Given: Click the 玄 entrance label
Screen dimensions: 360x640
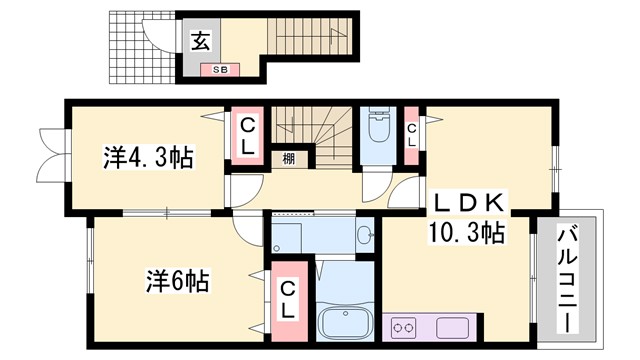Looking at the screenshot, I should pyautogui.click(x=200, y=42).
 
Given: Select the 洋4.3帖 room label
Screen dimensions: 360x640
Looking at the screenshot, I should pyautogui.click(x=149, y=157).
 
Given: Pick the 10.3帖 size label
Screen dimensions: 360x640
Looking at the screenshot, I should pyautogui.click(x=467, y=233).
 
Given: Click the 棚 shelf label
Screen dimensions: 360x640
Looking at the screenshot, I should pyautogui.click(x=288, y=157).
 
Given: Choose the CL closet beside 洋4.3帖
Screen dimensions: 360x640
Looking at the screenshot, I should pyautogui.click(x=247, y=134).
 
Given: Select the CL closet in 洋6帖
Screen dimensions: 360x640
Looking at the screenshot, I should pyautogui.click(x=287, y=297).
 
